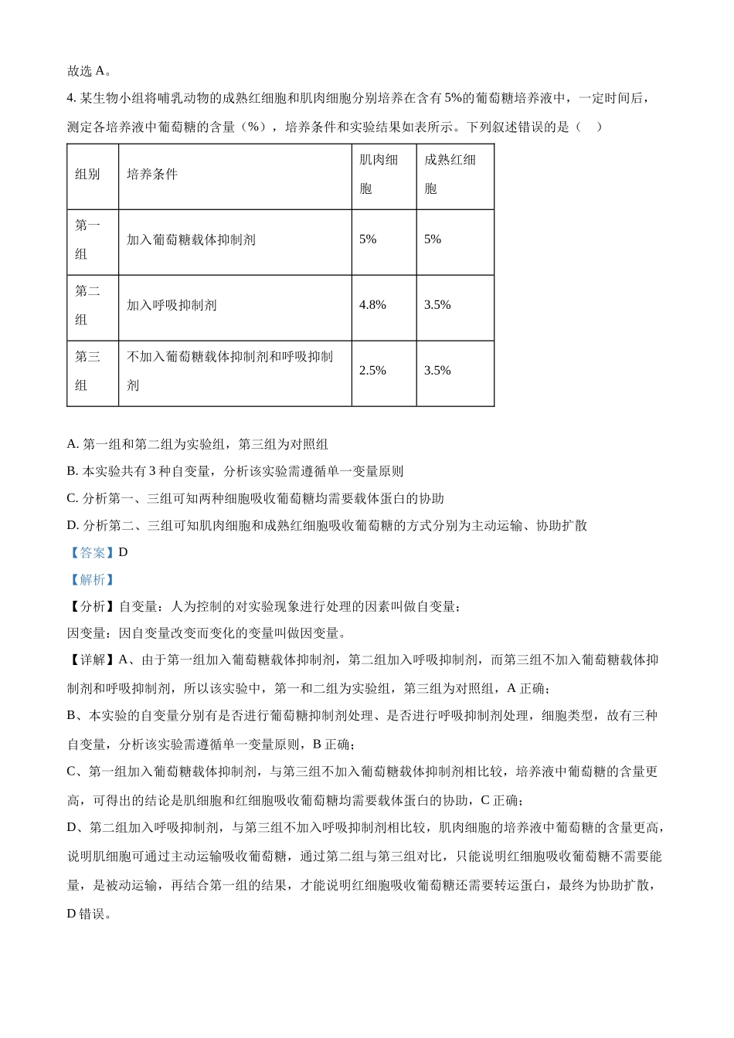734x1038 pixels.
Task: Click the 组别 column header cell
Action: point(87,175)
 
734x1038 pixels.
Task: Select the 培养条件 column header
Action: point(152,175)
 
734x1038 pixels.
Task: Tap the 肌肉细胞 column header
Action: point(379,175)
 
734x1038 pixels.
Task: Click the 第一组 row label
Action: point(87,240)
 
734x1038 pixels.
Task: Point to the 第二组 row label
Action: point(87,306)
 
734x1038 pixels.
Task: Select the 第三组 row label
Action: point(87,371)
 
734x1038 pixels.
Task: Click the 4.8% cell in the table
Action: point(372,305)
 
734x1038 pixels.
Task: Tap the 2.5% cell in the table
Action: point(372,371)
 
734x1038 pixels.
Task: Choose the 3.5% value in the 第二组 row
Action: point(437,305)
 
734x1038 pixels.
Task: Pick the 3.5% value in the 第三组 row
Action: point(437,371)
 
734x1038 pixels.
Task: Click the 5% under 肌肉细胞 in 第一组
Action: point(368,239)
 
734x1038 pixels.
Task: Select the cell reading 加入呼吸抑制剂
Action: point(172,305)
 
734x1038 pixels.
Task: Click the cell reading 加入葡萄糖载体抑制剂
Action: point(191,239)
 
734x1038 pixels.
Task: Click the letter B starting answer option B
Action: point(72,471)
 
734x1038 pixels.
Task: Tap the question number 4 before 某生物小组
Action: point(71,98)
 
